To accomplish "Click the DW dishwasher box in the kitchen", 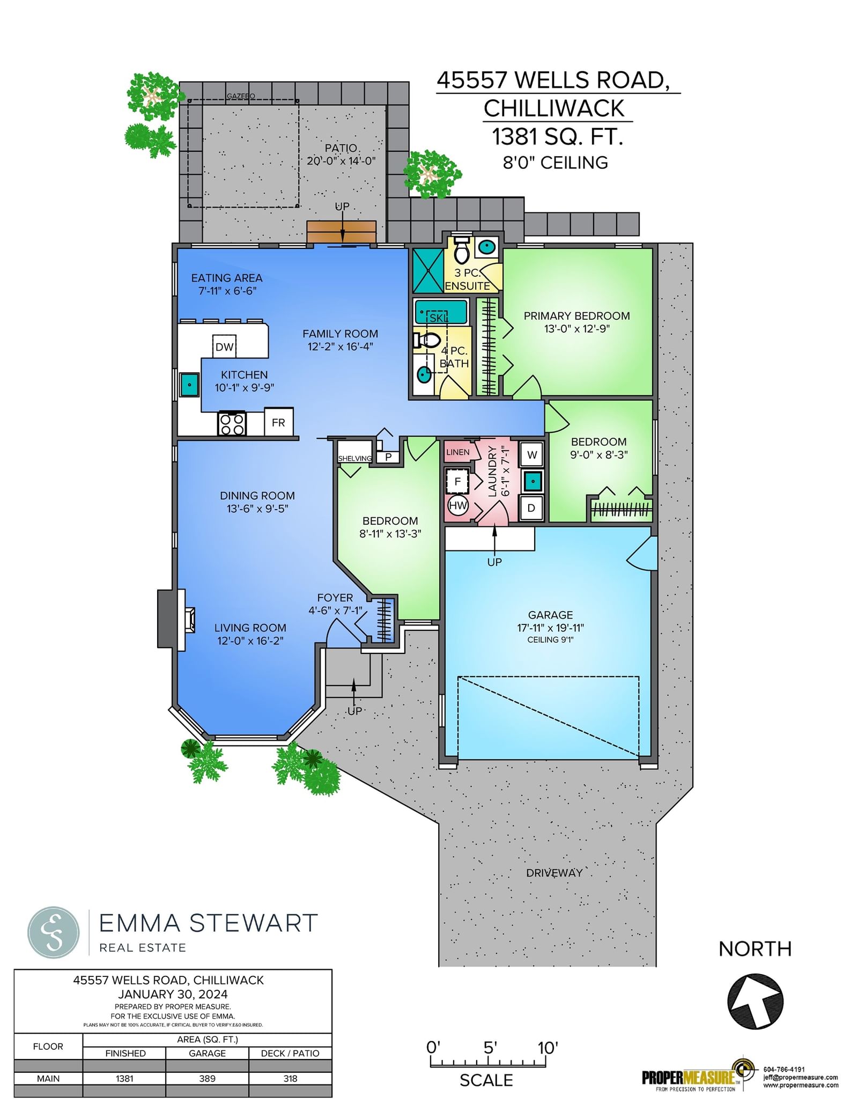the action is click(225, 347).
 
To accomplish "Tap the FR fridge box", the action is click(278, 422).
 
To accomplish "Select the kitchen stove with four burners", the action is click(232, 423).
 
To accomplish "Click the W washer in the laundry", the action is click(531, 455).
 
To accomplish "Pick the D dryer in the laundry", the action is click(531, 507).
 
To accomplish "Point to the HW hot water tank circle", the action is click(457, 505).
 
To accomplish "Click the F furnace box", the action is click(457, 481).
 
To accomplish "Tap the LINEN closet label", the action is click(457, 452).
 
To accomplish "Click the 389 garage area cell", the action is click(208, 1078).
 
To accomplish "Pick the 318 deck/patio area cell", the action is click(290, 1078).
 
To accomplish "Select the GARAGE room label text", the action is click(550, 615).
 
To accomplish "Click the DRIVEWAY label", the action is click(554, 873).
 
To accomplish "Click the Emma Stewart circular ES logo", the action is click(54, 932).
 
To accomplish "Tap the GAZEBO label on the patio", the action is click(241, 96).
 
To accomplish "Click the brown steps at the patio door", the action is click(342, 232).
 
